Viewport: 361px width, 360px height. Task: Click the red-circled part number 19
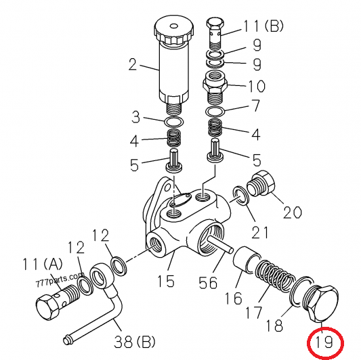(324, 342)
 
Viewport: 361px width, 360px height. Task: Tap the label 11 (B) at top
(263, 26)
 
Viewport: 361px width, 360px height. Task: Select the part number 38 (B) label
(135, 342)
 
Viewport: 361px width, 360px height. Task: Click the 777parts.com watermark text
(60, 279)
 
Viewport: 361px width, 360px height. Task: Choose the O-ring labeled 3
(174, 122)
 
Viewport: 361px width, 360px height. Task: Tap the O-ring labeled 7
(215, 112)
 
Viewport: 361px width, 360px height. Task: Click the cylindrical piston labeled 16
(247, 260)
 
